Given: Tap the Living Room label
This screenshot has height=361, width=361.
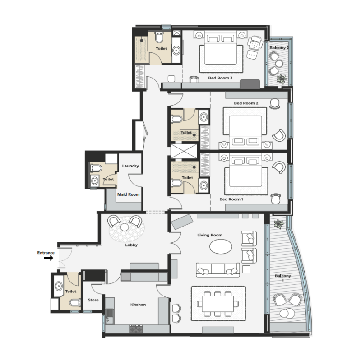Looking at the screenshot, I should click(210, 235).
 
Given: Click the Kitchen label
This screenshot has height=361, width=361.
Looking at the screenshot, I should click(138, 305).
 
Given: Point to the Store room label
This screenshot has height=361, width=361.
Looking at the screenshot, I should click(93, 300).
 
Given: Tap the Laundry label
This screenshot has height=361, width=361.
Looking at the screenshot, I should click(130, 166).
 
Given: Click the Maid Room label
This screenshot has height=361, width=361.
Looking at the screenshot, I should click(129, 194).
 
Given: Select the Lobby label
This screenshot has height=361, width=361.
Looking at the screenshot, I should click(131, 245).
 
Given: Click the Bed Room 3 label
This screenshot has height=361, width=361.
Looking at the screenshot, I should click(220, 78).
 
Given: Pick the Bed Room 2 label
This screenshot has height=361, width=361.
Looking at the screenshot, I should click(246, 103).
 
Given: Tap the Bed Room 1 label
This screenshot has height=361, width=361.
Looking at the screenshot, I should click(231, 199).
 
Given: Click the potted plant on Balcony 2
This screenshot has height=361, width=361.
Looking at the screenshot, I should click(282, 79).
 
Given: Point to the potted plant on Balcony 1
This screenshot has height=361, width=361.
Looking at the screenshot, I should click(278, 224).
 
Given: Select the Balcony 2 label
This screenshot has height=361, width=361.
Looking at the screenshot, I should click(279, 47).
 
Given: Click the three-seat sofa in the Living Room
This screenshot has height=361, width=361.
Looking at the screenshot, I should click(218, 270).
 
